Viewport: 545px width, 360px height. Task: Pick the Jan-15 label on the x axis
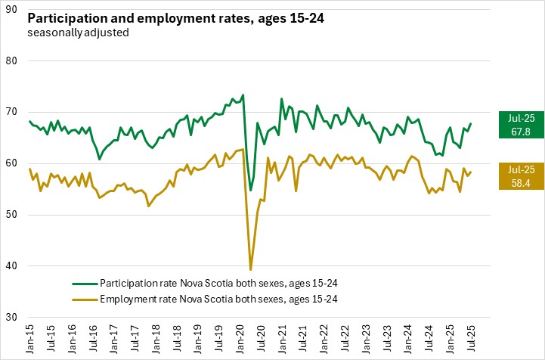[29, 338]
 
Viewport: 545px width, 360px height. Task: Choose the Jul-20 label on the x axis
[263, 338]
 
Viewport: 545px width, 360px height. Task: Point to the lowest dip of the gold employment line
[250, 269]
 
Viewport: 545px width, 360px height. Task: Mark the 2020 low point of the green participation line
[251, 190]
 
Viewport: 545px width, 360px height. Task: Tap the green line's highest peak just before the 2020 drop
[243, 95]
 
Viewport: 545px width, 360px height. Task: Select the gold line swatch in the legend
[85, 298]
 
